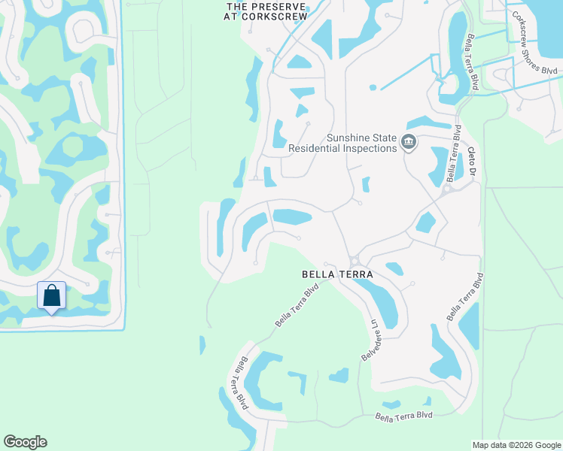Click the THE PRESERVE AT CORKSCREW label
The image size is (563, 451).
[268, 11]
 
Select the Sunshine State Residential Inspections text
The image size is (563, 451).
[343, 143]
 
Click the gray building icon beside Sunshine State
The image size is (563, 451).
[409, 142]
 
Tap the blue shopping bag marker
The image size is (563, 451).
[51, 295]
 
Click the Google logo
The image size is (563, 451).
[26, 442]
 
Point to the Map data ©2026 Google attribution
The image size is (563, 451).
[516, 445]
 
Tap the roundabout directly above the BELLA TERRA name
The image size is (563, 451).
[353, 261]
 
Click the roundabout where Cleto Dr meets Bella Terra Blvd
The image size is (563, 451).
[446, 189]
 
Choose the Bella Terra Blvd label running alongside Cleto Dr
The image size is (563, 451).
[454, 154]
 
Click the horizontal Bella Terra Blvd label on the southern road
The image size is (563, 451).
[404, 416]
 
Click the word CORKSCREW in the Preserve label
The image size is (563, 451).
[278, 17]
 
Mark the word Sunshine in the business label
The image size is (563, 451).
[348, 138]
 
